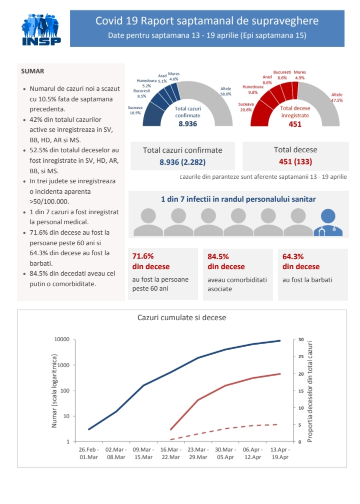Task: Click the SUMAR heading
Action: [x=32, y=71]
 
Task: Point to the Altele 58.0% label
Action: [x=225, y=91]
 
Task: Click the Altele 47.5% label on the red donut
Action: [x=336, y=97]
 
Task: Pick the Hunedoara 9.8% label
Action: [x=249, y=89]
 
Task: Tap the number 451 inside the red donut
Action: [x=295, y=124]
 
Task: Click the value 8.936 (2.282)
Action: [x=182, y=162]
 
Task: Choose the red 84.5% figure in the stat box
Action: [x=218, y=256]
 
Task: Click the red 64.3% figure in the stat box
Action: [x=293, y=256]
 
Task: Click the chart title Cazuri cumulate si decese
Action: [x=181, y=318]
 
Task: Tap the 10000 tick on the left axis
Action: [x=61, y=340]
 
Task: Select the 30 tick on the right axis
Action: [x=301, y=340]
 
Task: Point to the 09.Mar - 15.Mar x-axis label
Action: [x=144, y=453]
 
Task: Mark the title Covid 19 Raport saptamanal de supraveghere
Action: [x=206, y=21]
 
